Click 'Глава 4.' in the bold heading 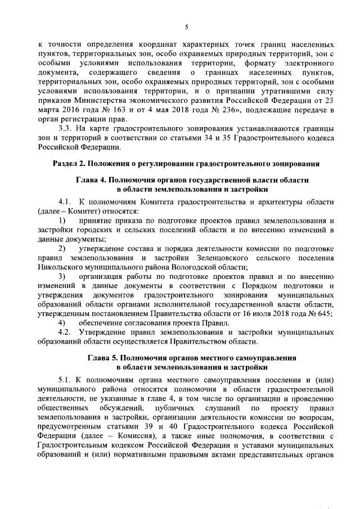point(93,181)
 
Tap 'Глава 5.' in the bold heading point(106,358)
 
